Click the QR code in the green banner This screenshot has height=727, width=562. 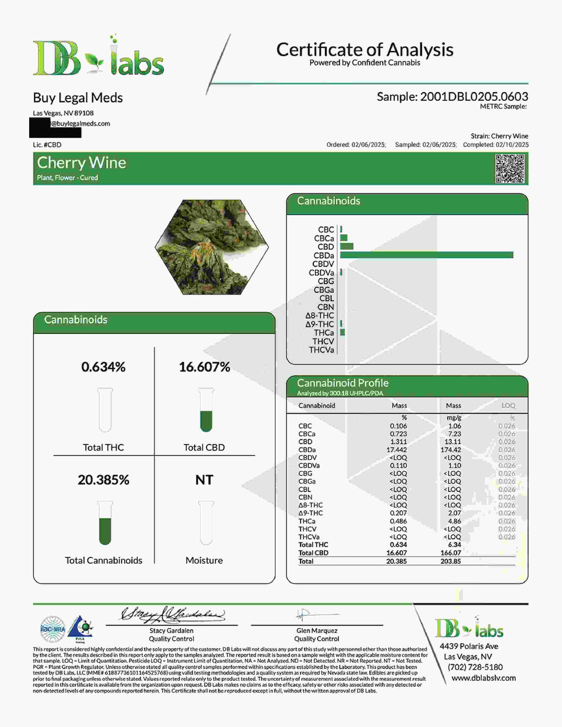(x=509, y=168)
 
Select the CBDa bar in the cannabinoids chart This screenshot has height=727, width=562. (x=426, y=255)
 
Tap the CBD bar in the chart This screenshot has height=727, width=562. (x=347, y=246)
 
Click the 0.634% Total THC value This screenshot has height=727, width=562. (x=103, y=367)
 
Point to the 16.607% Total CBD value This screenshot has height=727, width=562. (x=204, y=367)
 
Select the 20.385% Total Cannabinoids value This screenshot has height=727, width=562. (x=103, y=480)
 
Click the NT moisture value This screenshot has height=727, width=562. (x=204, y=480)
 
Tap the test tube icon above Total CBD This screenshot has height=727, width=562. (x=206, y=410)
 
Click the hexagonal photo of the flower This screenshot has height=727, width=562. (x=212, y=248)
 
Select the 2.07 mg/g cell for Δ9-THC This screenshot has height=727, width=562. (x=454, y=513)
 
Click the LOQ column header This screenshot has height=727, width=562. (x=508, y=406)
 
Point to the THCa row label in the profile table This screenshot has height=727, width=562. (x=306, y=521)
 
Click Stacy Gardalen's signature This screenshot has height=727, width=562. (x=172, y=615)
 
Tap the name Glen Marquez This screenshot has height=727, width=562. (x=316, y=631)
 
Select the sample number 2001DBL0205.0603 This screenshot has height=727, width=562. (x=474, y=97)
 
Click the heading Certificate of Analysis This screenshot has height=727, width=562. (x=364, y=50)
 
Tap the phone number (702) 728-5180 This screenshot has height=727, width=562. (x=475, y=667)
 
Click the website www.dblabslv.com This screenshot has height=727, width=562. (x=483, y=678)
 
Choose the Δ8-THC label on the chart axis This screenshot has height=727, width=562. (x=320, y=316)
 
